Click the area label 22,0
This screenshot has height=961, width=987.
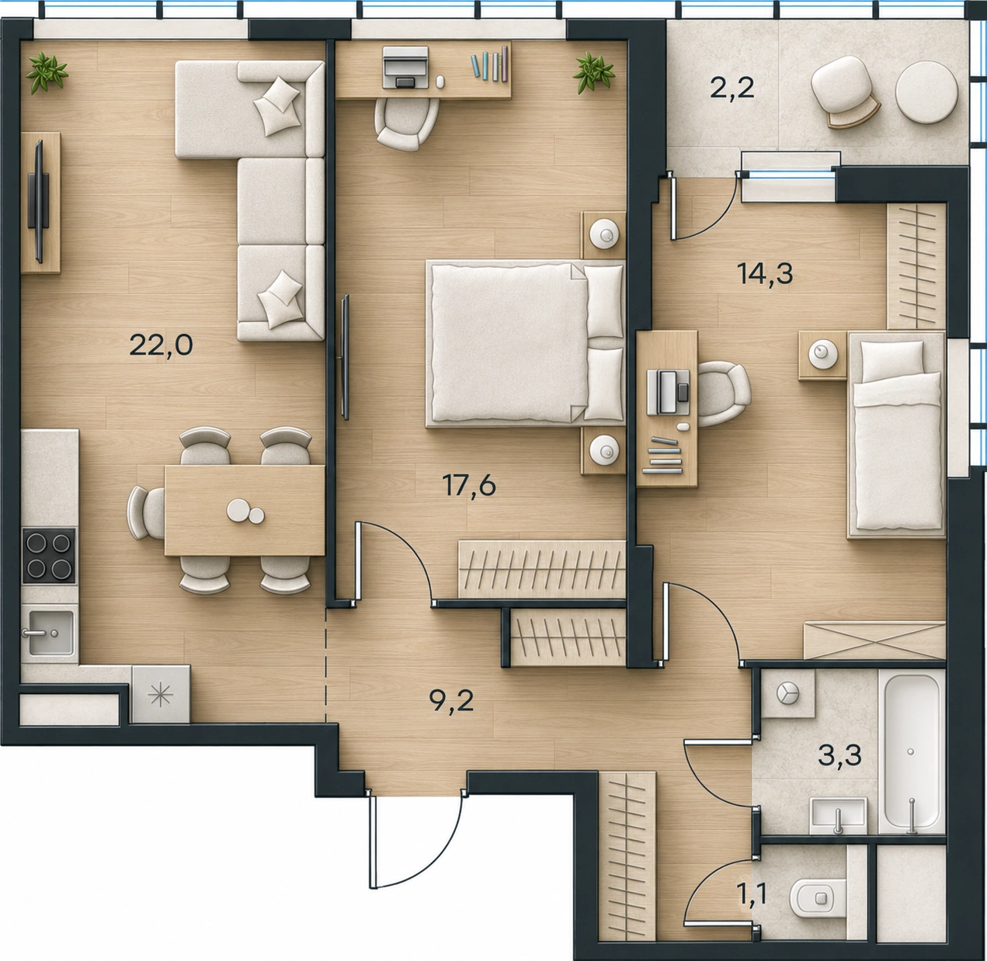point(162,346)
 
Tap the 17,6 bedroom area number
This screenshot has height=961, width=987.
point(469,486)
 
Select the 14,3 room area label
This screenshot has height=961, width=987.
point(766,274)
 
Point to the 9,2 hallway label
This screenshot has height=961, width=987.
point(451,702)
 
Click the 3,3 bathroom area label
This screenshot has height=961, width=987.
point(840,755)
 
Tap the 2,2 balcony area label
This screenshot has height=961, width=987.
point(732,88)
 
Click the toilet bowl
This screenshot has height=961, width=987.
point(818,899)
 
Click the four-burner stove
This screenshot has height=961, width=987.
point(49,555)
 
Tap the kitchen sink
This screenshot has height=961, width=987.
point(50,633)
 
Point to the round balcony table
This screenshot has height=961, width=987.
point(926,93)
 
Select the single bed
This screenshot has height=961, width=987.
point(896,435)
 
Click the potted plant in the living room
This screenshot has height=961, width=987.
point(47,72)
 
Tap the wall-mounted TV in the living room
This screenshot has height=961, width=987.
point(39,201)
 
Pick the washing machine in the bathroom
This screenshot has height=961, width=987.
point(787,692)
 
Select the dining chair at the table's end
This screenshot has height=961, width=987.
point(145,512)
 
